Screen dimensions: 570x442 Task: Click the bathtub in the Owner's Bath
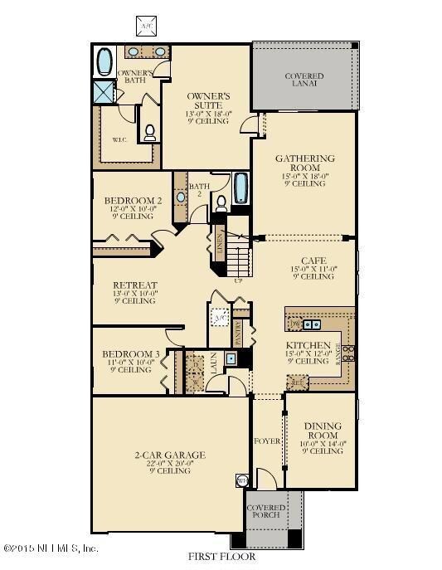pyautogui.click(x=105, y=61)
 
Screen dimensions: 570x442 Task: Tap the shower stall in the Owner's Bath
pyautogui.click(x=104, y=91)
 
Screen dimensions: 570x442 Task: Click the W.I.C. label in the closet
pyautogui.click(x=118, y=139)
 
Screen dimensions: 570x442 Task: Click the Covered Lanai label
pyautogui.click(x=304, y=80)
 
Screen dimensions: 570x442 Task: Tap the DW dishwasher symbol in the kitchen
pyautogui.click(x=293, y=324)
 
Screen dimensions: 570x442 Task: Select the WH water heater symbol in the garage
pyautogui.click(x=242, y=480)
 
